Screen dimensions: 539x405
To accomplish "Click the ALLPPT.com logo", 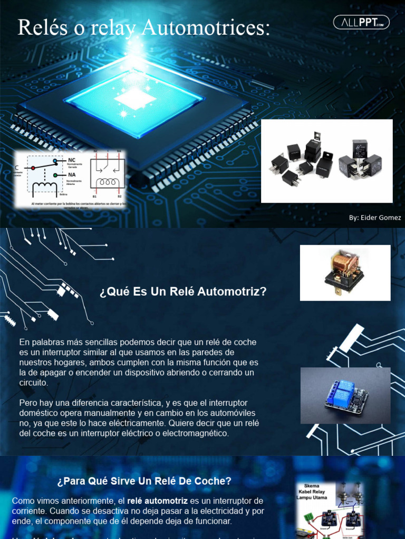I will [x=361, y=22].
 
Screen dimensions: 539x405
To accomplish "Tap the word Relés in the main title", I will [x=42, y=28].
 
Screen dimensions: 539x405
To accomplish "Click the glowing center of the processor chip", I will [x=135, y=98].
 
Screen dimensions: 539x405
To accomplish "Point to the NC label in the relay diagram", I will [x=72, y=159].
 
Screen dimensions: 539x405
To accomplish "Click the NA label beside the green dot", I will [x=72, y=174].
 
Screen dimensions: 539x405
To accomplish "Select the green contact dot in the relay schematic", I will [x=62, y=174].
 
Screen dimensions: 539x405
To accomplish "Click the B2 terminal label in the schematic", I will [x=120, y=195].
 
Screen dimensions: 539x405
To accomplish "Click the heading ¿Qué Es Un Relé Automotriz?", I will [x=183, y=292].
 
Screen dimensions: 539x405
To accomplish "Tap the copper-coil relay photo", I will [x=345, y=273].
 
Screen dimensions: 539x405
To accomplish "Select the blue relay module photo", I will [x=345, y=395].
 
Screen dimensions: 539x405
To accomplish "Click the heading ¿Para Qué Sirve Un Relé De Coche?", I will [x=144, y=481].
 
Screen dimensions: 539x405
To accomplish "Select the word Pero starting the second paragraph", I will [x=28, y=403].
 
